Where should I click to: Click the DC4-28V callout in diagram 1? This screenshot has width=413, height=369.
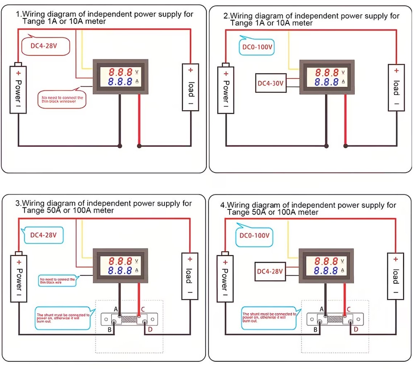click(x=45, y=46)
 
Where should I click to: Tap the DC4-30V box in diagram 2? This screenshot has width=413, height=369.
click(x=270, y=83)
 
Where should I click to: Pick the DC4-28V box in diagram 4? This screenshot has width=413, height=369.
click(x=270, y=271)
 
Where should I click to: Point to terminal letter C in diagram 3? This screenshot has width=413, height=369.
click(x=143, y=309)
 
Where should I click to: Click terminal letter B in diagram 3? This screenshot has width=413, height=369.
click(x=109, y=329)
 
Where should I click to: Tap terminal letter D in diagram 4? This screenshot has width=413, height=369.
click(x=356, y=329)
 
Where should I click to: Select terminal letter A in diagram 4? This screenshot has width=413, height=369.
click(x=321, y=309)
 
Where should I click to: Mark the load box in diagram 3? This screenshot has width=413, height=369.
click(x=190, y=276)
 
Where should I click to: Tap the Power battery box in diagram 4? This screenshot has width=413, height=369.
click(x=224, y=277)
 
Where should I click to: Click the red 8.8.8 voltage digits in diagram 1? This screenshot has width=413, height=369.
click(x=121, y=71)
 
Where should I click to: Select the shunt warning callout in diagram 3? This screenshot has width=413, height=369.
click(x=63, y=318)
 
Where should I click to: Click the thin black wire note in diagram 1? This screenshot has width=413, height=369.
click(x=62, y=100)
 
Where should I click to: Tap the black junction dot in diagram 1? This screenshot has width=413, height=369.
click(x=120, y=146)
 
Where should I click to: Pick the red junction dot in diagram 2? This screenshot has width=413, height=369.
click(x=346, y=146)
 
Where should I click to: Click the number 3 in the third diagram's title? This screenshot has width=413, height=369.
click(x=17, y=203)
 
